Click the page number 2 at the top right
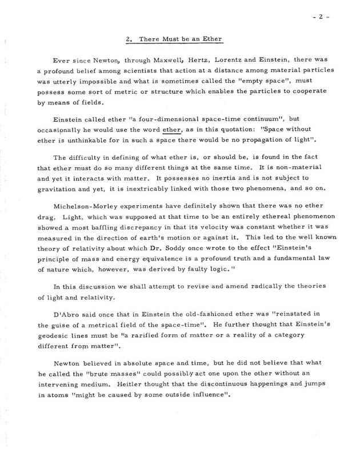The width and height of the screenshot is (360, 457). pos(322,17)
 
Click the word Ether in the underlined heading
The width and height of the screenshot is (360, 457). pos(210,39)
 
